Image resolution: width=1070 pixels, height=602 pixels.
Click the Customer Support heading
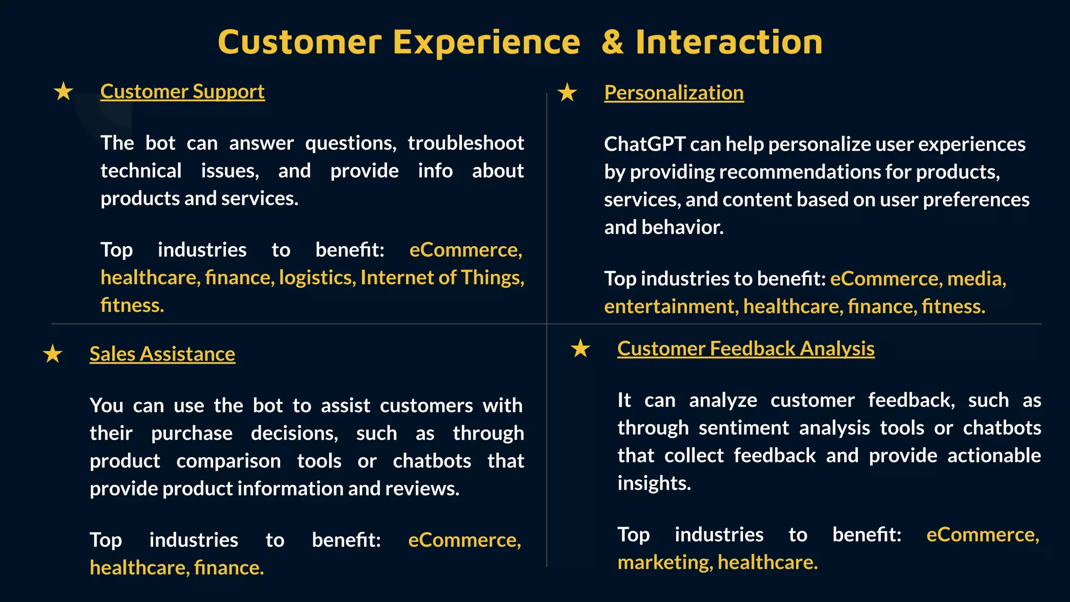coord(182,91)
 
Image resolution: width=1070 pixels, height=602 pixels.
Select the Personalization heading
coord(673,92)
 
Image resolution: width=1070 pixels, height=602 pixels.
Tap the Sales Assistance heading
coord(162,354)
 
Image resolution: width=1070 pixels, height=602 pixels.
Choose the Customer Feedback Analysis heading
coord(746,349)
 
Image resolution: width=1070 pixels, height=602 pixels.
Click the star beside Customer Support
coord(64,91)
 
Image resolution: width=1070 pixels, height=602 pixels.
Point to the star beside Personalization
coord(567,93)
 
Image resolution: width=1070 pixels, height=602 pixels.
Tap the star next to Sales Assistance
coord(53,354)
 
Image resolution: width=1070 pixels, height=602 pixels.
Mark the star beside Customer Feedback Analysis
coord(580,349)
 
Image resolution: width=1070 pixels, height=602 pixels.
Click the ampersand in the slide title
coord(612,42)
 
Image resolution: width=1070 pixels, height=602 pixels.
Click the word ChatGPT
coord(644,144)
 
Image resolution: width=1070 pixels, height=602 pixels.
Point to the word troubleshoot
coord(466,143)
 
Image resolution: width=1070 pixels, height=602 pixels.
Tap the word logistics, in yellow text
coord(317,277)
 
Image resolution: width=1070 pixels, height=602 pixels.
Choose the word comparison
coord(228,461)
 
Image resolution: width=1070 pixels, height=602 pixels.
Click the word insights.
coord(654,483)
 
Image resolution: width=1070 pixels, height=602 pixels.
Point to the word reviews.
coord(422,489)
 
